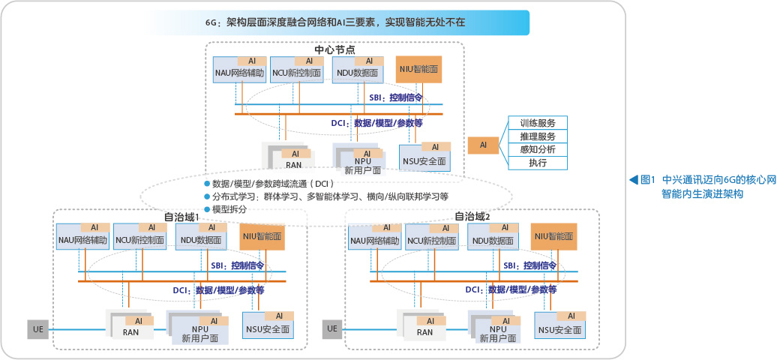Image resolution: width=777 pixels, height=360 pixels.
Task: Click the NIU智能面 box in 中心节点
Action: click(418, 69)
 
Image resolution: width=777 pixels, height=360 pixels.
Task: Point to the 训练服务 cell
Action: click(538, 123)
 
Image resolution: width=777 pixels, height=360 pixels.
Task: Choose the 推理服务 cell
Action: click(538, 136)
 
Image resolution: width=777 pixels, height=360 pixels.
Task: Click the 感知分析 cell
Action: click(538, 149)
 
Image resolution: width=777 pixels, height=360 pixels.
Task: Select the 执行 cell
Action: click(538, 163)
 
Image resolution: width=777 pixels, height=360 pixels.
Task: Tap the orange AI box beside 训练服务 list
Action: click(484, 145)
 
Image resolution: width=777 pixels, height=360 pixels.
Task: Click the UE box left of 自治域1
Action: click(38, 328)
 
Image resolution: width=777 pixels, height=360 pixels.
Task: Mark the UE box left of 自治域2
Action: click(331, 328)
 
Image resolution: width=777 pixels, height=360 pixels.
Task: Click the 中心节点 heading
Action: click(334, 49)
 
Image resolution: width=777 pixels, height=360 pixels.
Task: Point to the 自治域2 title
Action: click(472, 217)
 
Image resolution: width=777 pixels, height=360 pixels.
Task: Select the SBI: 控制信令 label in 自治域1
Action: click(237, 265)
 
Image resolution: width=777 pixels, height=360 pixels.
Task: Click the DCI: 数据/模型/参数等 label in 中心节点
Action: click(376, 122)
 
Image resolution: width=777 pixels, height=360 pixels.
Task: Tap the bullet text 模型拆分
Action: click(229, 209)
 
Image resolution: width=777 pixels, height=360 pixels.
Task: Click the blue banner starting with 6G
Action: click(334, 22)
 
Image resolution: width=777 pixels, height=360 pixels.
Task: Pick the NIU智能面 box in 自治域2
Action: click(554, 235)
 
